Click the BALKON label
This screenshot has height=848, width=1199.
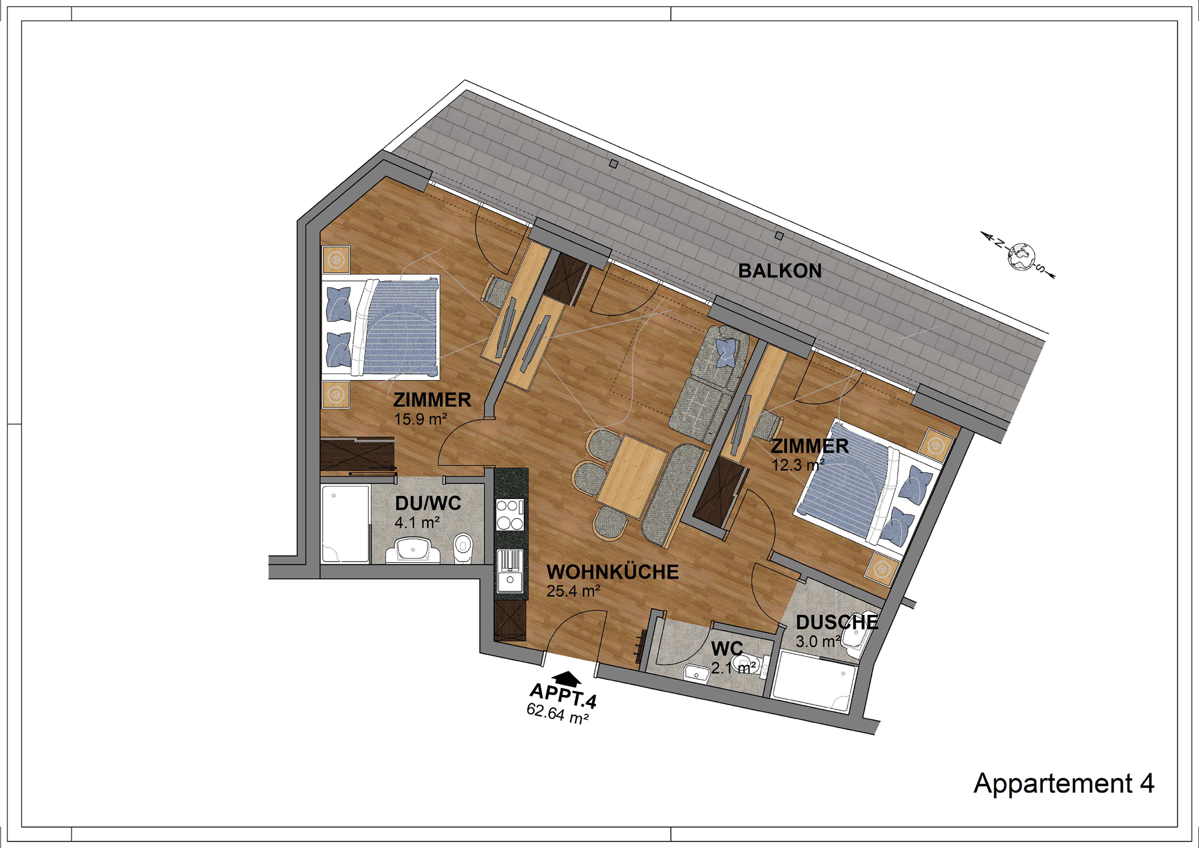[x=780, y=271]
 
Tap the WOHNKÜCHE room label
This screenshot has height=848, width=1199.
[x=612, y=572]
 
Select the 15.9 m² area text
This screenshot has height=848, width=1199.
[x=420, y=419]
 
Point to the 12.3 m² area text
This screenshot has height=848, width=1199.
[x=798, y=465]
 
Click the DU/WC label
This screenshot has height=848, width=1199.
[x=428, y=503]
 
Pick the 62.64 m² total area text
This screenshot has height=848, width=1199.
[x=557, y=714]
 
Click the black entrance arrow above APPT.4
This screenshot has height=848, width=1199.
[x=567, y=678]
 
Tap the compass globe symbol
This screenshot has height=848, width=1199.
[x=1022, y=257]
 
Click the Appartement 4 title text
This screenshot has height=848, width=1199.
[x=1064, y=783]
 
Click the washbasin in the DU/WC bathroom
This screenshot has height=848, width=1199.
[x=413, y=550]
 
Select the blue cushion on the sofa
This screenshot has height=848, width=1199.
[x=726, y=353]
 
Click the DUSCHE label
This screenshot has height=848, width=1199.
[x=837, y=622]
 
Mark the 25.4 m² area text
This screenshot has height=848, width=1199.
[x=573, y=591]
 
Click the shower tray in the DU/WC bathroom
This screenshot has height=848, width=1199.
[x=345, y=524]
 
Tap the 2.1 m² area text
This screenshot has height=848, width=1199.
[x=734, y=668]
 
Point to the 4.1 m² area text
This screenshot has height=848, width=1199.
[x=417, y=522]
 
